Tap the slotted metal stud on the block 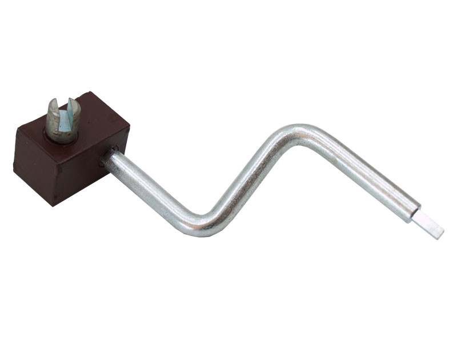click(62, 121)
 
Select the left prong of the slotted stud click(53, 117)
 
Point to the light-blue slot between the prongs click(65, 120)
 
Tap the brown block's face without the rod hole click(34, 166)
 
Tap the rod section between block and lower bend click(149, 189)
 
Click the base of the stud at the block click(62, 137)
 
